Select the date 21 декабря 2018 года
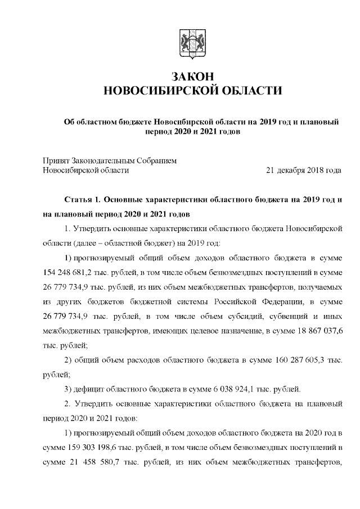pos(303,169)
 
